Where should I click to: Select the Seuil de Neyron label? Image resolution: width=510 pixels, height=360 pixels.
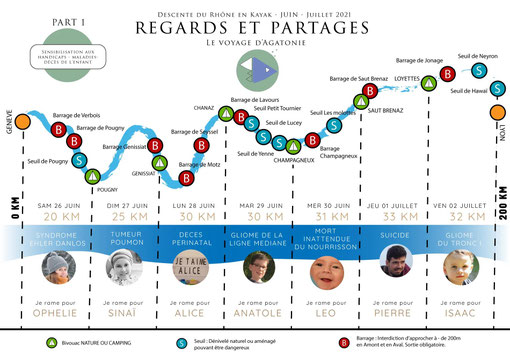click(x=476, y=57)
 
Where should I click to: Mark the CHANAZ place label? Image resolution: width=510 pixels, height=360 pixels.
click(x=204, y=106)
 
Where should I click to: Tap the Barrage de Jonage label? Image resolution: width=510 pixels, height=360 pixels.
click(x=419, y=61)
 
